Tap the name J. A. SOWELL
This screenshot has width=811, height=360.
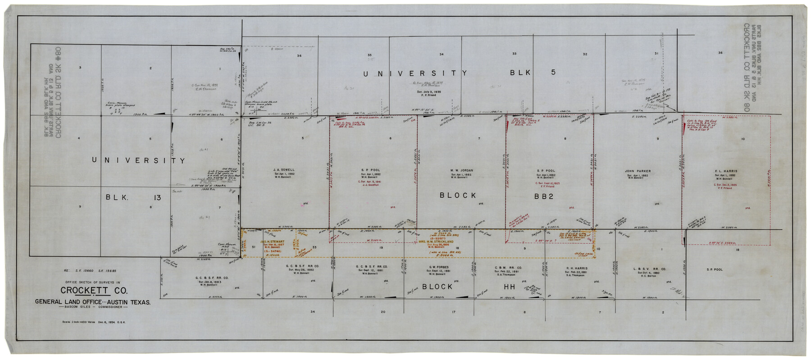[283, 170]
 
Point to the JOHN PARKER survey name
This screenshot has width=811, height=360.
[638, 171]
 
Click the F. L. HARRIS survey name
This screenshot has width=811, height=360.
[725, 171]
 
